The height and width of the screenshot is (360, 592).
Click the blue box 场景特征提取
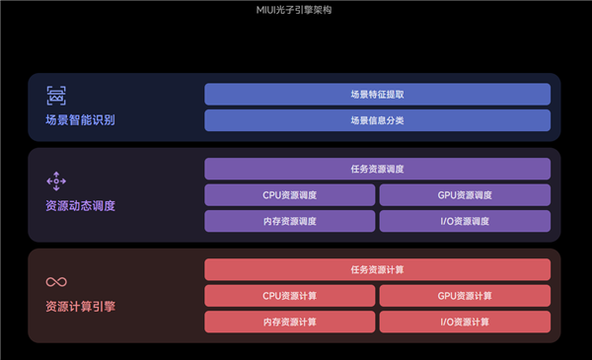point(377,95)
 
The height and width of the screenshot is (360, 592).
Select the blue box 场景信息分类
point(377,120)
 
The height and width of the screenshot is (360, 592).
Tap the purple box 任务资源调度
point(377,169)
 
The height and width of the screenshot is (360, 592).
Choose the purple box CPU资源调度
point(290,195)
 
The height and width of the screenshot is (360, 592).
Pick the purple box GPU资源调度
point(464,195)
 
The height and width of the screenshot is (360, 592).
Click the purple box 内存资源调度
point(290,221)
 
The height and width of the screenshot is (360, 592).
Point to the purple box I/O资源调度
point(464,221)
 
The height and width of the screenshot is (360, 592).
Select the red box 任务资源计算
point(377,269)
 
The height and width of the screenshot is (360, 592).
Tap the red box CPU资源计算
point(290,295)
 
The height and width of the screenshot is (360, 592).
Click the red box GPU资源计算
point(464,295)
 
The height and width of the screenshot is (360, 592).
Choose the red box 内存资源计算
point(290,322)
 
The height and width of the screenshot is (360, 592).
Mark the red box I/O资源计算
point(464,322)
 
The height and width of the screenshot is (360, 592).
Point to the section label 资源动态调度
point(80,206)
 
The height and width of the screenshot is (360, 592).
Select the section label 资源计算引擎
point(80,307)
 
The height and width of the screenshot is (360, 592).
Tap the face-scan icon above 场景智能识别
point(56,96)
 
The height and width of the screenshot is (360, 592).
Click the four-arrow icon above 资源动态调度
point(55,180)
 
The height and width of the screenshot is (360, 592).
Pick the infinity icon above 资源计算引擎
point(56,282)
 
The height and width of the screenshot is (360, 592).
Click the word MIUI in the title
point(267,11)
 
